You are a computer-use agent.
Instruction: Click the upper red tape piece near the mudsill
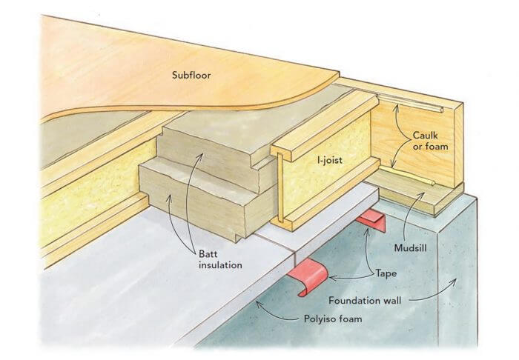(x=373, y=220)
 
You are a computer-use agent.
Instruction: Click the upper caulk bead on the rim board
(x=415, y=103)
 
